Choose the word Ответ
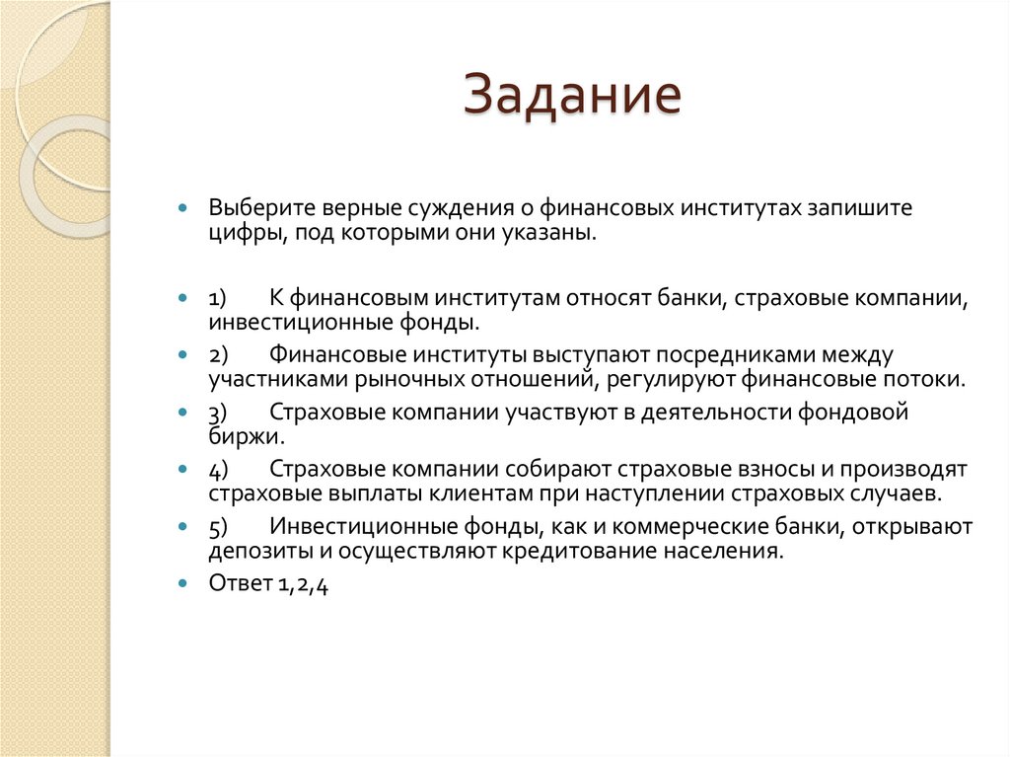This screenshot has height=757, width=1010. point(239,583)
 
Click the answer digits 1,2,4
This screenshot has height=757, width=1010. point(302,583)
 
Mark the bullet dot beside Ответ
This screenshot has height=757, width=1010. point(182,583)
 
